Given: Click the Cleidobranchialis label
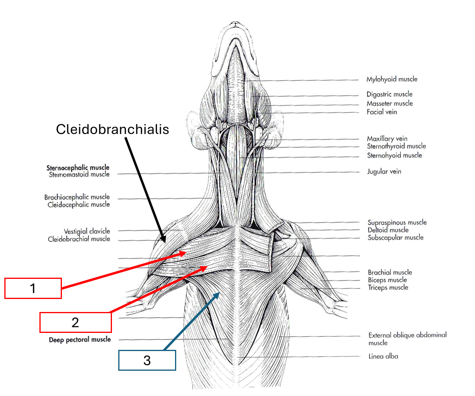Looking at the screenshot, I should tap(112, 129).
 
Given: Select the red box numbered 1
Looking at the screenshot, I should tap(33, 288).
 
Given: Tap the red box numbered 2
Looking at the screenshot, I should tap(75, 322).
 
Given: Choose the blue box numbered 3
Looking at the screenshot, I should tap(147, 360).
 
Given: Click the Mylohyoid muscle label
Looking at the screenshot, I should tap(391, 79).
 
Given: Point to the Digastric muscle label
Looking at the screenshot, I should tap(389, 94).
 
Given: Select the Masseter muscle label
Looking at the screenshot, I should tap(389, 103).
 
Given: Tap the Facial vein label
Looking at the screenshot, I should tap(382, 112).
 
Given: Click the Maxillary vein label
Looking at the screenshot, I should tap(387, 138).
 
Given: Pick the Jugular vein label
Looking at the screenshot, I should tap(384, 172).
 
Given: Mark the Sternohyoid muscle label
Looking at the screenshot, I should tap(394, 155).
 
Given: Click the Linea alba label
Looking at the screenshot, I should tap(383, 357).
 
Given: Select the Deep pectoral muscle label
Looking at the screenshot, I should tap(80, 340).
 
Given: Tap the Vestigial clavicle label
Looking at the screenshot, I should tap(87, 231).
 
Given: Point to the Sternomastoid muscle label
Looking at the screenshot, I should tap(79, 174).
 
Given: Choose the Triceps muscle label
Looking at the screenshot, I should tap(388, 288).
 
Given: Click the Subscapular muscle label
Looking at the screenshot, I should tap(395, 237).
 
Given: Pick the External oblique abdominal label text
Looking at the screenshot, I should tap(407, 335).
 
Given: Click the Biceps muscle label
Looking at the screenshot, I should tap(387, 280).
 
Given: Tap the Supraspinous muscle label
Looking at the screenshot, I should tap(397, 222).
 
